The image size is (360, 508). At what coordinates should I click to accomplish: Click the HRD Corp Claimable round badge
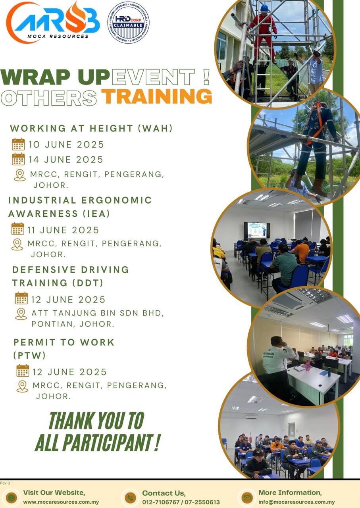[x=128, y=23]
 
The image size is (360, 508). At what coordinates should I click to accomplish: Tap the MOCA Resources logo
[x=53, y=22]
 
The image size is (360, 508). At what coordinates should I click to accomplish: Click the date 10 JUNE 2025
[x=66, y=144]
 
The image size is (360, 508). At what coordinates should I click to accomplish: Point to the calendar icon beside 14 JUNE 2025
[x=18, y=159]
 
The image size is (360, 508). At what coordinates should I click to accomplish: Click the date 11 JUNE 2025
[x=63, y=230]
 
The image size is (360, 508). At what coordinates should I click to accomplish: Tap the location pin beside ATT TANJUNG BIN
[x=21, y=314]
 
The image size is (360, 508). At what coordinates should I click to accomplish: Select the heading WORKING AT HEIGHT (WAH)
[x=91, y=128]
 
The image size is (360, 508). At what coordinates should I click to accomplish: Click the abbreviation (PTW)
[x=29, y=355]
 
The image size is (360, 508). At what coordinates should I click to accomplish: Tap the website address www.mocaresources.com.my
[x=61, y=502]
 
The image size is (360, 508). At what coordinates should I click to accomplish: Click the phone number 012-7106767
[x=161, y=502]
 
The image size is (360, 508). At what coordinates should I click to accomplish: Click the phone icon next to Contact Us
[x=131, y=498]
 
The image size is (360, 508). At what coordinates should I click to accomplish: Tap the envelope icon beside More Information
[x=247, y=498]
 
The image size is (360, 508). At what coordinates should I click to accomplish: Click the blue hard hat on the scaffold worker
[x=264, y=8]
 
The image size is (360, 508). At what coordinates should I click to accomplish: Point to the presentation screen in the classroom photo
[x=257, y=230]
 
